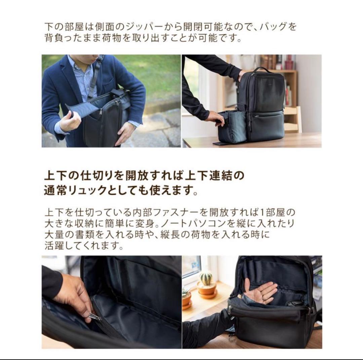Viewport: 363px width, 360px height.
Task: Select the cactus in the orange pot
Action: (206, 278)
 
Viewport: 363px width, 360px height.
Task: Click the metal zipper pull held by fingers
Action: (95, 317)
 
